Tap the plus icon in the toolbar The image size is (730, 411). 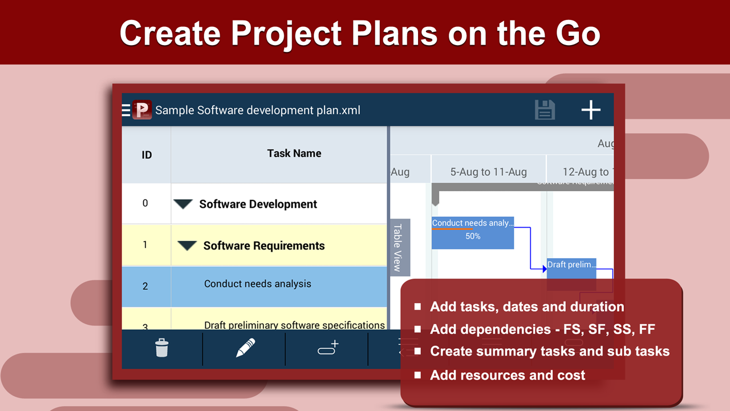click(x=591, y=110)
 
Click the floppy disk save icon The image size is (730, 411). click(x=545, y=110)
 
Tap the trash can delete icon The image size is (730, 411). click(x=162, y=348)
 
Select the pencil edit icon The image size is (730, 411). click(x=245, y=348)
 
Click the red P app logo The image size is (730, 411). click(x=142, y=110)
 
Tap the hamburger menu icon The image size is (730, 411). click(x=126, y=110)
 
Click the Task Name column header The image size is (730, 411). click(x=294, y=153)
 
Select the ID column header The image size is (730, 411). click(x=147, y=155)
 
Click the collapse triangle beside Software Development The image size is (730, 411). click(x=183, y=204)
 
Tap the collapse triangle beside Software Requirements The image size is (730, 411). click(x=187, y=245)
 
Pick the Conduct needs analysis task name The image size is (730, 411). click(x=258, y=284)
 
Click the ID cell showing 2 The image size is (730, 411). click(x=145, y=286)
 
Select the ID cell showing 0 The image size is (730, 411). click(x=145, y=203)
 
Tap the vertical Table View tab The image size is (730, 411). click(x=398, y=247)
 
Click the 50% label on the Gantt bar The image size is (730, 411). click(x=473, y=236)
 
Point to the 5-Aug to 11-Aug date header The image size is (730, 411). click(x=489, y=172)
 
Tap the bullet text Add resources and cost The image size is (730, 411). click(x=508, y=375)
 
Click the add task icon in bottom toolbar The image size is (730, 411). click(x=328, y=348)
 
